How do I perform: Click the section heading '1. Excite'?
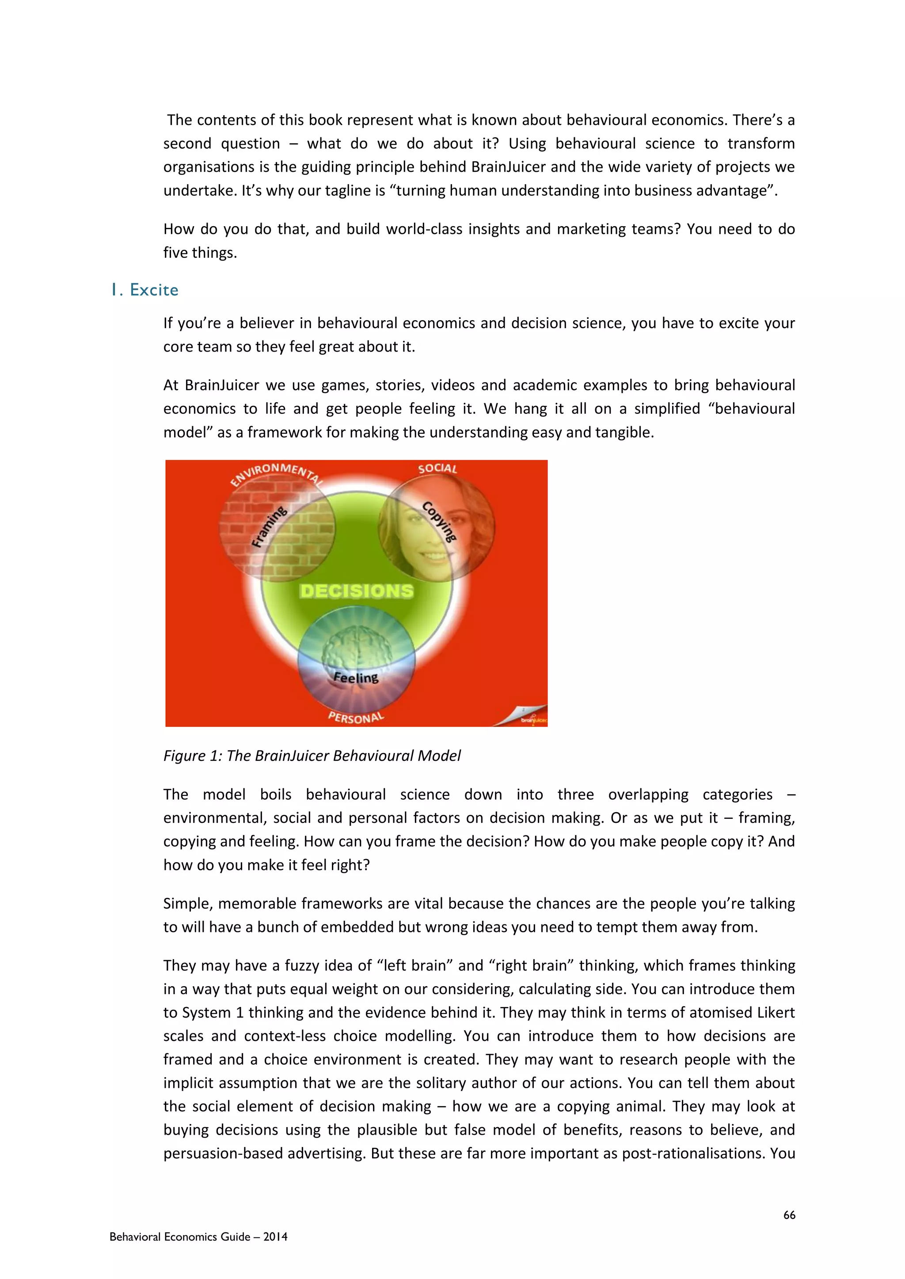[145, 290]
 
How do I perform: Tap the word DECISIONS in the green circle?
[357, 591]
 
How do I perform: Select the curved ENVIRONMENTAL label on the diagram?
[276, 473]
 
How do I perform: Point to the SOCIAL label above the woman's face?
[437, 469]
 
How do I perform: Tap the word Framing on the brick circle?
[270, 526]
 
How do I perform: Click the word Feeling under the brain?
[356, 677]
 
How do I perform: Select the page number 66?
[789, 1215]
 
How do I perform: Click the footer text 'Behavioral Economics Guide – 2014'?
[198, 1237]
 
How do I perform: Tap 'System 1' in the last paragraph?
[211, 1012]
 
